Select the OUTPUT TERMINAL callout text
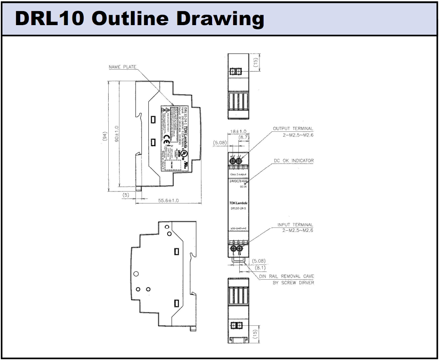(x=293, y=129)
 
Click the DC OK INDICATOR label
(x=293, y=160)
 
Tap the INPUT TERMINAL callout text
(x=295, y=224)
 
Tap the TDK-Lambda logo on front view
(x=237, y=203)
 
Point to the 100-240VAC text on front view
(x=237, y=228)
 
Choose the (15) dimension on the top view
(x=256, y=63)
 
